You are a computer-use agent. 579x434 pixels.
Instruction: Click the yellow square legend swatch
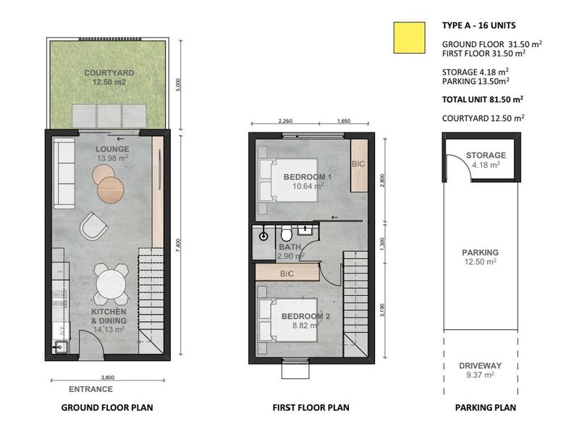408,37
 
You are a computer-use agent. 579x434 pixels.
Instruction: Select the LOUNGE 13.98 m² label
111,153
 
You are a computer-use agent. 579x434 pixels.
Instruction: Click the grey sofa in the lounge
64,174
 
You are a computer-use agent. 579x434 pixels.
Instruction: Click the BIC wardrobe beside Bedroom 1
358,165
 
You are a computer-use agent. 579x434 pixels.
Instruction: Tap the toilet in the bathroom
287,234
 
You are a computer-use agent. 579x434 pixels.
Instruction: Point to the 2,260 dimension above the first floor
285,122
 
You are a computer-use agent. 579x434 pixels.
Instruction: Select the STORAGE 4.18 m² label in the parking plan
486,160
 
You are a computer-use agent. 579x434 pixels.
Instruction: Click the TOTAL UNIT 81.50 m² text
483,100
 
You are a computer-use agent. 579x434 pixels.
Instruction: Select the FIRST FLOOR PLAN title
310,408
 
